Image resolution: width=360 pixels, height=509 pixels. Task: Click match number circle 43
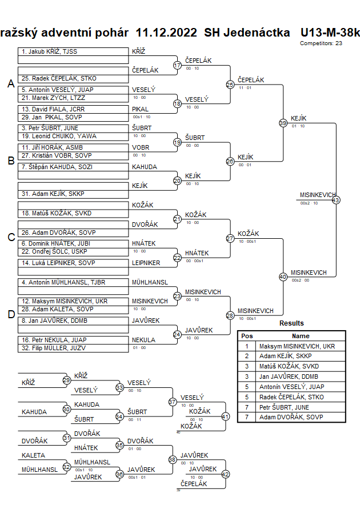(335, 200)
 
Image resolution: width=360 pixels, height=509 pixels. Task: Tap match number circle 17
(177, 66)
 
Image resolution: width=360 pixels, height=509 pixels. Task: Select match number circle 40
(283, 276)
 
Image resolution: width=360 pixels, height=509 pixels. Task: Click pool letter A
(10, 84)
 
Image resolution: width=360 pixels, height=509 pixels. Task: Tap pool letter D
(10, 314)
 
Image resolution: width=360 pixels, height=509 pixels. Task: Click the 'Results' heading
(291, 323)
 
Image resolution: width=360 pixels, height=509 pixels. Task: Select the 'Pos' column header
(247, 336)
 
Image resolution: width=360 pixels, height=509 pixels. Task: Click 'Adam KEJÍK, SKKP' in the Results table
(288, 355)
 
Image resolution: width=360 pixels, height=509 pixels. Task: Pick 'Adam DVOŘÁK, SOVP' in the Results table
(291, 417)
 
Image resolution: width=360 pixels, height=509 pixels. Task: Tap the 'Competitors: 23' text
(321, 43)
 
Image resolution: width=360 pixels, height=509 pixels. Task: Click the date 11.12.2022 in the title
(167, 32)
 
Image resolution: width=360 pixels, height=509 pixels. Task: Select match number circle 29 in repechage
(66, 380)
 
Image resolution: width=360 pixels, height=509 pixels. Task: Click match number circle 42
(225, 474)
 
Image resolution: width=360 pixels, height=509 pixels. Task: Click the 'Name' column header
(301, 336)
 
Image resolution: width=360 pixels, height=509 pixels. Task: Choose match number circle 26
(230, 161)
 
